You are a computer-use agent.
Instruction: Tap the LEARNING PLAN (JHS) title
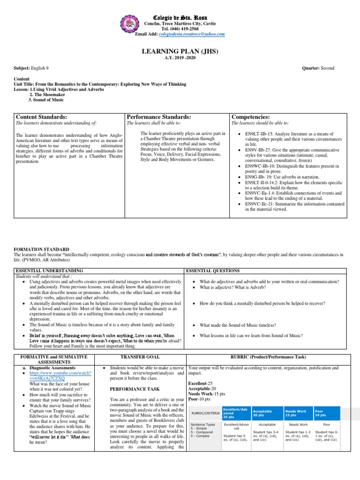tap(180, 51)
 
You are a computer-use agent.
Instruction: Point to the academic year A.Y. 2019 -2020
tap(180, 58)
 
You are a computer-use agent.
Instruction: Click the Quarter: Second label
tap(318, 68)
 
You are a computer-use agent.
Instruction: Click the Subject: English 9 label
tap(31, 68)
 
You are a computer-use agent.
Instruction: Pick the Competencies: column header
tap(251, 116)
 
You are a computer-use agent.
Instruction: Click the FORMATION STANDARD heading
tap(41, 249)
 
